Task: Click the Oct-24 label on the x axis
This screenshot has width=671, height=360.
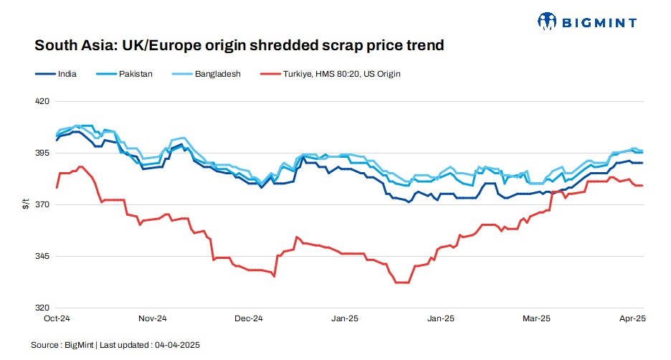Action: (56, 318)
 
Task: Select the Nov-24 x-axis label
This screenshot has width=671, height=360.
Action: (152, 318)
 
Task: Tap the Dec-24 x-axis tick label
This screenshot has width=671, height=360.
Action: (249, 318)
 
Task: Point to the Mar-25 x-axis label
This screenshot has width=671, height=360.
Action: (536, 318)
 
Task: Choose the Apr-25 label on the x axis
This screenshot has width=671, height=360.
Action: (632, 318)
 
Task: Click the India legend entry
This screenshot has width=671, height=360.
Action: (67, 73)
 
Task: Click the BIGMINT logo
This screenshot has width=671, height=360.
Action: (586, 22)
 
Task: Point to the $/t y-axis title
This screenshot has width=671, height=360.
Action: (26, 205)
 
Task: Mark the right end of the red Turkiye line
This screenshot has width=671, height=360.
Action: (642, 186)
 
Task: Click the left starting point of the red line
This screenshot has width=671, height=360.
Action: (57, 187)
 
